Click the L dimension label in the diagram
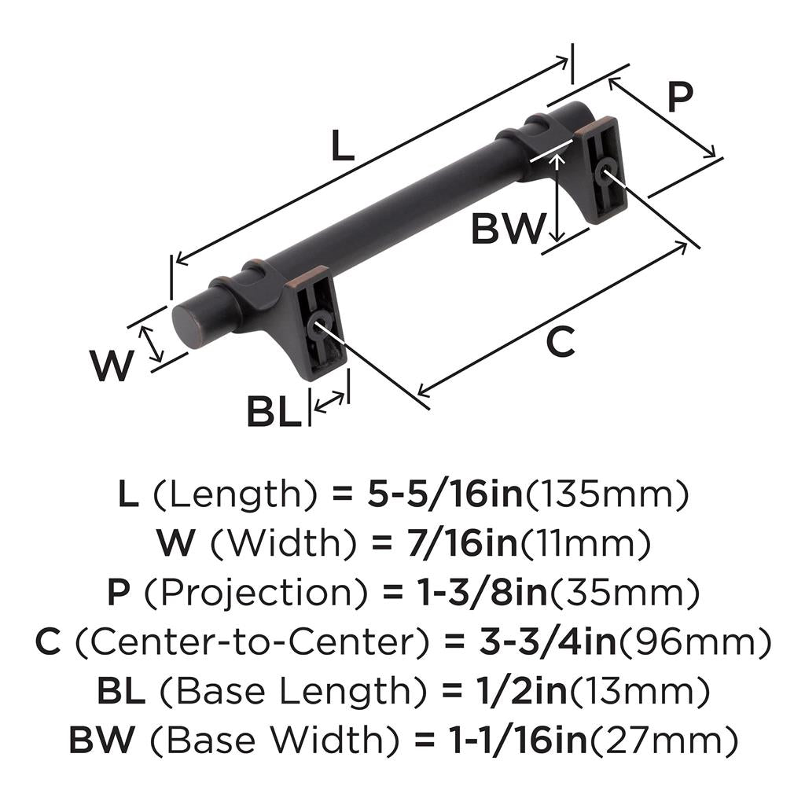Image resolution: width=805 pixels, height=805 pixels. tap(340, 145)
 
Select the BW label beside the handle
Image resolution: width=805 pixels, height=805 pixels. tap(508, 230)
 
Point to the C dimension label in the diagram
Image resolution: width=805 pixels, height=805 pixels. tap(560, 343)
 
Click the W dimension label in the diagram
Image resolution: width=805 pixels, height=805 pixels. tap(111, 366)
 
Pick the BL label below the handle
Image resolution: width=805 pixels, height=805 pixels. tap(274, 412)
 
